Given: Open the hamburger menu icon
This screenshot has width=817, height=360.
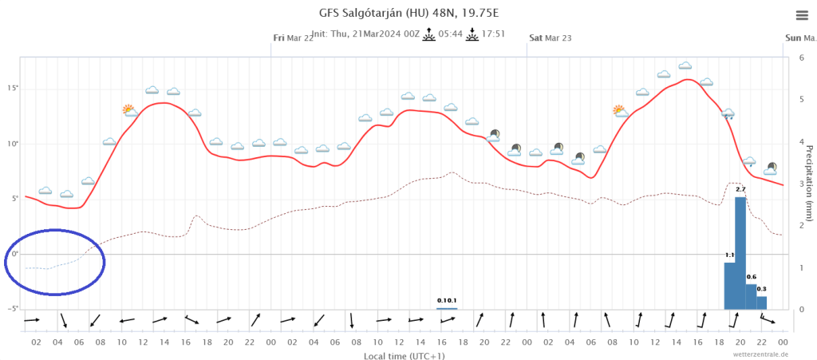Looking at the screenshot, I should pyautogui.click(x=801, y=15).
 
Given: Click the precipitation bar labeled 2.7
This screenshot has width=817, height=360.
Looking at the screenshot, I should pyautogui.click(x=740, y=252).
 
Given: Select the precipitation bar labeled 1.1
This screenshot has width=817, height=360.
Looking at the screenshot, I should pyautogui.click(x=729, y=285).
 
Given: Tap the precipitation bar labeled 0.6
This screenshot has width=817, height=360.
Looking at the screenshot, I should pyautogui.click(x=751, y=296).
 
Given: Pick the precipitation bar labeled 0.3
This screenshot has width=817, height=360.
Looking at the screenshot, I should pyautogui.click(x=762, y=303).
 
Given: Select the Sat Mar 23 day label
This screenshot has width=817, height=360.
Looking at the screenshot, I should pyautogui.click(x=551, y=38).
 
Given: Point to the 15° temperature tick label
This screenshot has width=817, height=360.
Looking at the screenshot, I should pyautogui.click(x=12, y=89).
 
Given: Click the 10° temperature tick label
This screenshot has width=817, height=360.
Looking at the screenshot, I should pyautogui.click(x=12, y=144).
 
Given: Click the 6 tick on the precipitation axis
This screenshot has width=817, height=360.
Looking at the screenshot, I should pyautogui.click(x=800, y=58).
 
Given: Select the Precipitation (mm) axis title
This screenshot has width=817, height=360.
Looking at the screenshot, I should pyautogui.click(x=808, y=183).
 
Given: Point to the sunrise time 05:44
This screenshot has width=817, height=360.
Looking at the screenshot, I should pyautogui.click(x=452, y=34).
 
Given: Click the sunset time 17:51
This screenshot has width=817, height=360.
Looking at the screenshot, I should pyautogui.click(x=495, y=34).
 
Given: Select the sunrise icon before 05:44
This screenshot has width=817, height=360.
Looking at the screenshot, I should pyautogui.click(x=429, y=34).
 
